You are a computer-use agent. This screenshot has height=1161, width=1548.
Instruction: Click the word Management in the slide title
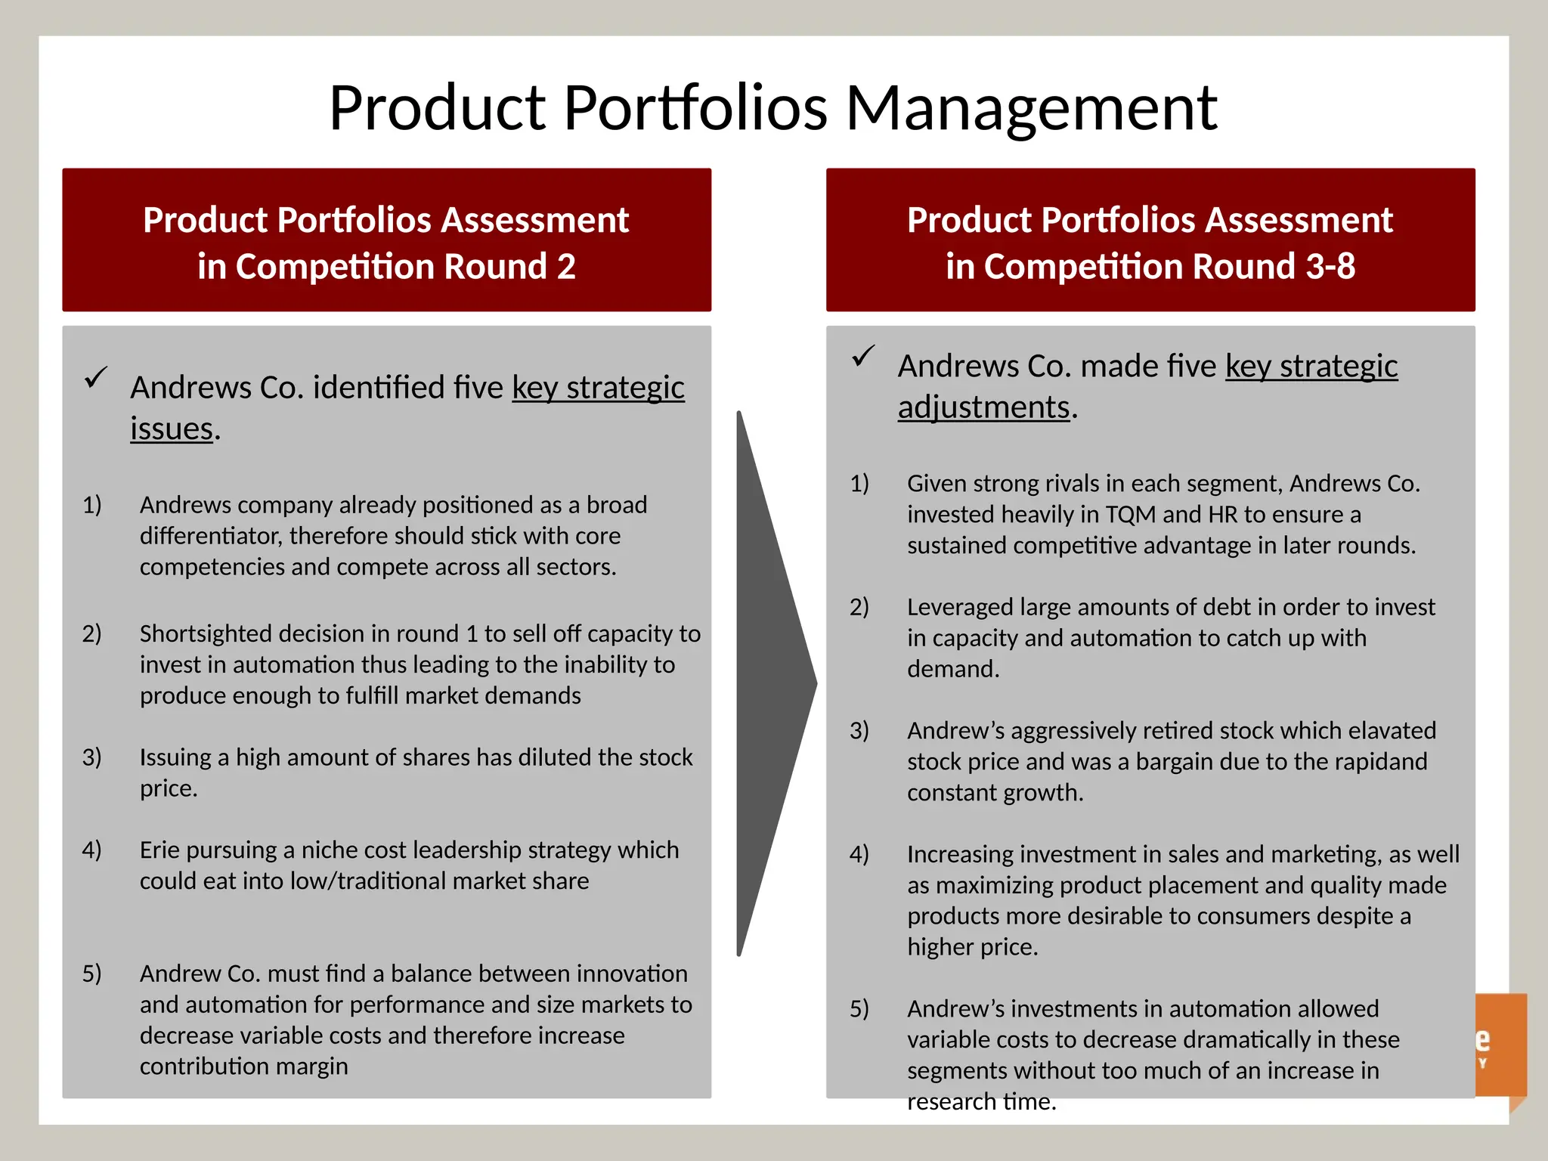point(1031,108)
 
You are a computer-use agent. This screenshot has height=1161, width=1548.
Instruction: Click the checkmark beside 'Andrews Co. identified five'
point(96,376)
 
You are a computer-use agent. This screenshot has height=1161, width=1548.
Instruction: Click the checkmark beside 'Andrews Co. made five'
point(863,355)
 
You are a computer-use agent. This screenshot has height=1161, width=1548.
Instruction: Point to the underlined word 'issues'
point(172,429)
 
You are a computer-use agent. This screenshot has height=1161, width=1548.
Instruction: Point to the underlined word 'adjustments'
point(983,407)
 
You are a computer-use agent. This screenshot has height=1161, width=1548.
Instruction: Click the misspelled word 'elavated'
point(1392,731)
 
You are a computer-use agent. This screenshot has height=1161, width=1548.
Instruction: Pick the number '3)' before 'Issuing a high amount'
point(92,757)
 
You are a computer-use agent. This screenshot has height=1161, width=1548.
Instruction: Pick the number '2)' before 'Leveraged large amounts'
point(859,607)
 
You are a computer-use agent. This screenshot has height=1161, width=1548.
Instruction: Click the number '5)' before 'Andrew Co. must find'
point(92,974)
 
